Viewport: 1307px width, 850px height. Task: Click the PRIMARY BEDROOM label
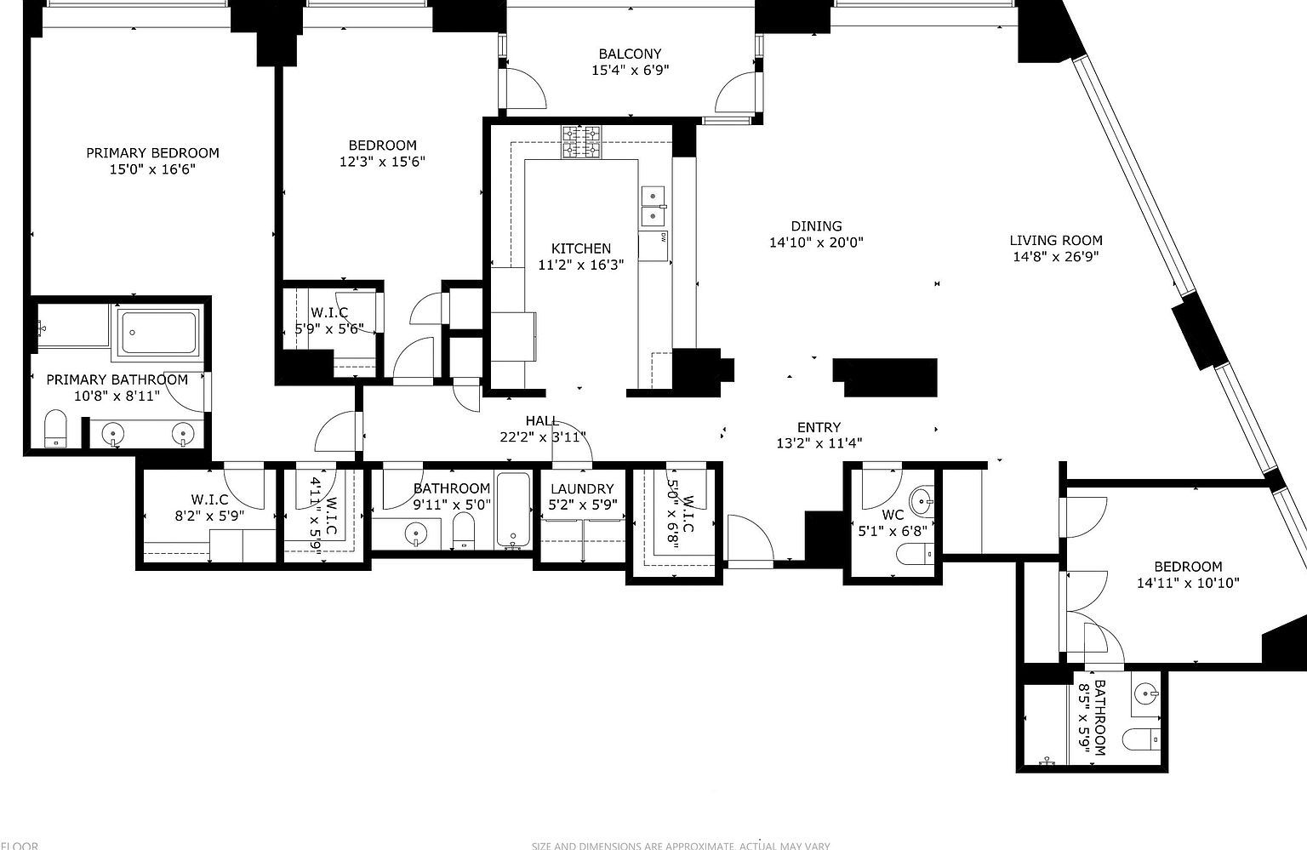(152, 153)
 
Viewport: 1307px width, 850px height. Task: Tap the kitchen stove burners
(581, 143)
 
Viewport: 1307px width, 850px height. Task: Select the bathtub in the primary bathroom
(158, 333)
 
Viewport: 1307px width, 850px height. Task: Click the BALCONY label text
(630, 54)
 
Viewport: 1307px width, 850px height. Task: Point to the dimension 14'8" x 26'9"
(1056, 257)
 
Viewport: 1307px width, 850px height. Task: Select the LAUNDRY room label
(582, 489)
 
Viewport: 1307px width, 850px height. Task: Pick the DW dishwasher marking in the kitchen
(661, 237)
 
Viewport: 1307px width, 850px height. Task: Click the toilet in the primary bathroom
(55, 428)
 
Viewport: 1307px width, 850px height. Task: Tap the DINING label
(816, 226)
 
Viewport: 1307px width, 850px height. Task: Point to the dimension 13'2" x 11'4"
(819, 443)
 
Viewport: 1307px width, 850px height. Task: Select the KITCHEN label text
(581, 248)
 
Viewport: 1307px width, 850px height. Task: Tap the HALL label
(542, 421)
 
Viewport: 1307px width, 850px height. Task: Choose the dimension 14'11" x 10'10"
(1188, 584)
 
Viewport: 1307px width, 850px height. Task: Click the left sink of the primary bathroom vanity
(114, 435)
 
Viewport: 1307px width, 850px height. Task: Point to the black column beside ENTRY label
(885, 377)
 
